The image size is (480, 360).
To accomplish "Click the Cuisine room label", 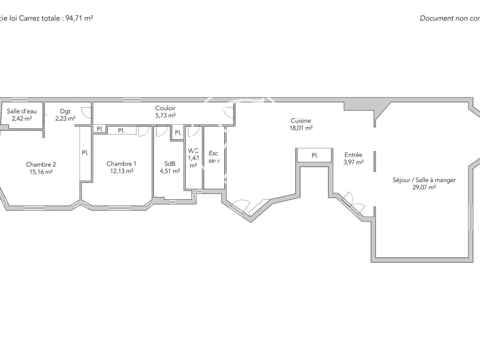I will tap(301, 120).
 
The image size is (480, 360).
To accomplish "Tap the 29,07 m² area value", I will tap(424, 187).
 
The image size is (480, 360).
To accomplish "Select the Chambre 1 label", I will tap(121, 164).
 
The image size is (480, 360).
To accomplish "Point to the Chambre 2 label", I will tap(41, 164).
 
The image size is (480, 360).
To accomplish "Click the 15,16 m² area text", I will tap(41, 172).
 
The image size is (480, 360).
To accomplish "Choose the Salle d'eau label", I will tap(22, 111).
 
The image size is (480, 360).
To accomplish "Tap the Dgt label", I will tap(65, 111).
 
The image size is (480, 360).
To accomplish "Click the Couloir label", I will tap(165, 108).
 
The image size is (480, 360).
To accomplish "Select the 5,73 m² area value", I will tap(165, 115).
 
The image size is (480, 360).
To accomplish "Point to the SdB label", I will tap(169, 164).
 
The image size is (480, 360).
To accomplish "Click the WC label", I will tap(193, 151).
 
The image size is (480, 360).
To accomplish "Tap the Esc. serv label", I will tap(214, 157).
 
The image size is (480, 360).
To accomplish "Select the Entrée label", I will tap(353, 155).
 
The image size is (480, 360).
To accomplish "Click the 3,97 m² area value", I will tap(353, 162).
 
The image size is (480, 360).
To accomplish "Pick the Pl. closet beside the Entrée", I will tap(315, 155).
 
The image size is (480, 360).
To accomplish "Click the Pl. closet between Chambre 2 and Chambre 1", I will tap(85, 152).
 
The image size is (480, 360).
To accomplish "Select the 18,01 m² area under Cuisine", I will tap(301, 128).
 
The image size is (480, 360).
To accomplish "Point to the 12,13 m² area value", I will tap(121, 171).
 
